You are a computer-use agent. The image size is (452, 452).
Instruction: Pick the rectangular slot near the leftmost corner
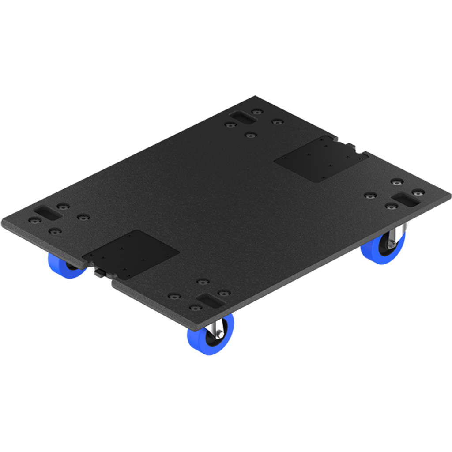pos(48,212)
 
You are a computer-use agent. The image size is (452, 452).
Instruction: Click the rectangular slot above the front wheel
pos(211,301)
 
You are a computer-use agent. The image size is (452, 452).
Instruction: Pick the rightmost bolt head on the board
pos(418,192)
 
